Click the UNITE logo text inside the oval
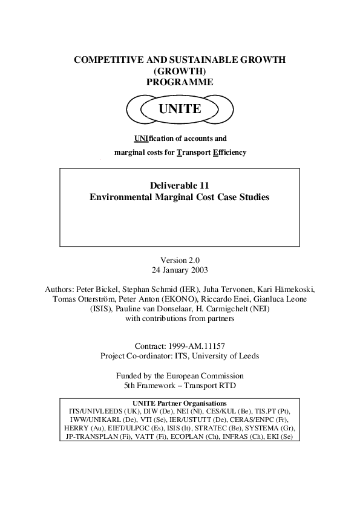pos(179,109)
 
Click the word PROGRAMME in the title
pos(180,82)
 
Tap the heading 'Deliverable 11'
pos(179,185)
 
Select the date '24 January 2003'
pos(180,270)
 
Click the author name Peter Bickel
pos(103,289)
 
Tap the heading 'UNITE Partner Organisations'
pos(179,403)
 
